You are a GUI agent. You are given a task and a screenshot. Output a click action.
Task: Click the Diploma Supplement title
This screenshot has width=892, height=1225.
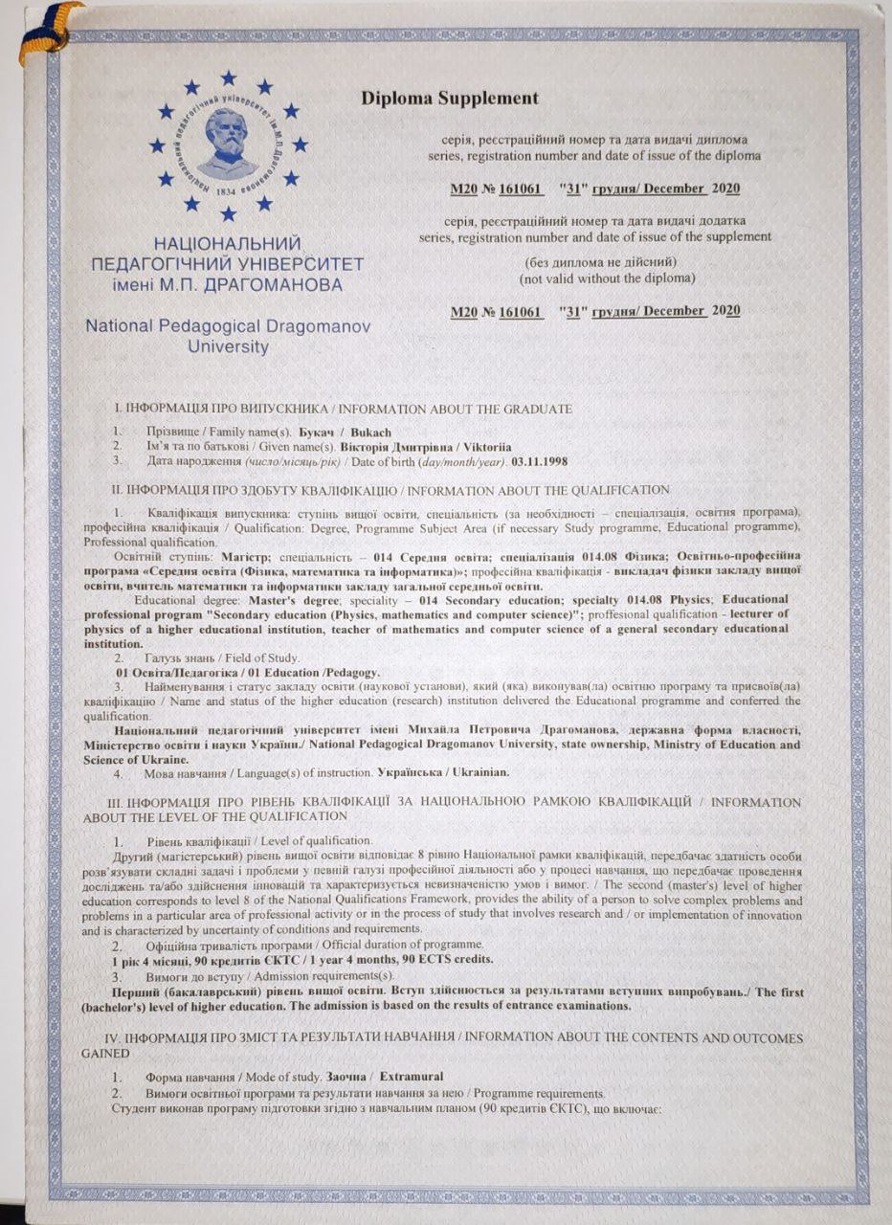(x=449, y=98)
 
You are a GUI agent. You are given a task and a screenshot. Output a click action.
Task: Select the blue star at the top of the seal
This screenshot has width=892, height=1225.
(x=228, y=77)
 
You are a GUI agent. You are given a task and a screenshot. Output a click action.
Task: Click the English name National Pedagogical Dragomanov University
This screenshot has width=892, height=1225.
(x=228, y=335)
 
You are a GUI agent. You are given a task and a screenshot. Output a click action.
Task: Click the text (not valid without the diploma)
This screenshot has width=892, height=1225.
(x=607, y=278)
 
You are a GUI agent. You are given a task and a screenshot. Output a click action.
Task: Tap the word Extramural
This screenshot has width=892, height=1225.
(x=412, y=1077)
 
